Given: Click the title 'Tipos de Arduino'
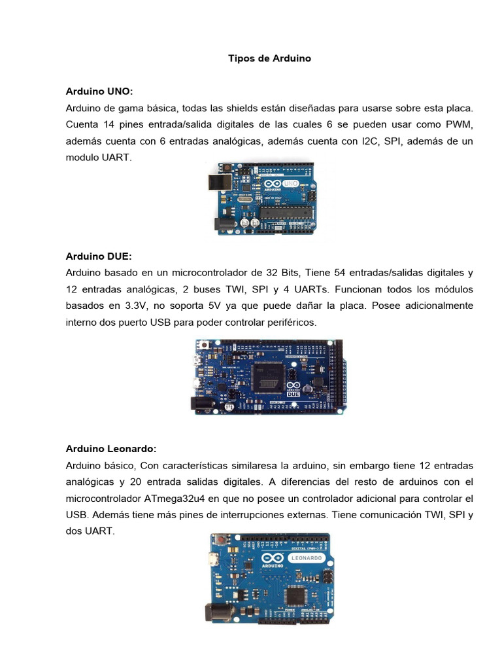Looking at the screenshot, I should click(x=269, y=58).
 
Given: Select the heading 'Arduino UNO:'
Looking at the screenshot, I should click(x=99, y=90).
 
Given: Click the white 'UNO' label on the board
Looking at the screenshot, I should click(x=292, y=183).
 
